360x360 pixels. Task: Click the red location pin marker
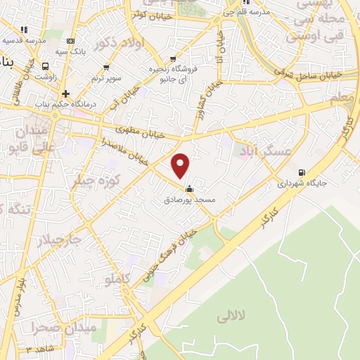181,165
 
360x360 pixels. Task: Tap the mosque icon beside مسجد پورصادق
188,188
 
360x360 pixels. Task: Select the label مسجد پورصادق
188,200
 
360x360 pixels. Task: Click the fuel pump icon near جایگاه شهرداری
302,173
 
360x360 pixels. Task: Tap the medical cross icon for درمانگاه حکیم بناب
65,93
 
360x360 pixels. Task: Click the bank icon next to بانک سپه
70,41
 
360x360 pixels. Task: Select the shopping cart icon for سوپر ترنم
106,67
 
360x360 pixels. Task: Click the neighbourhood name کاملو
117,280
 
